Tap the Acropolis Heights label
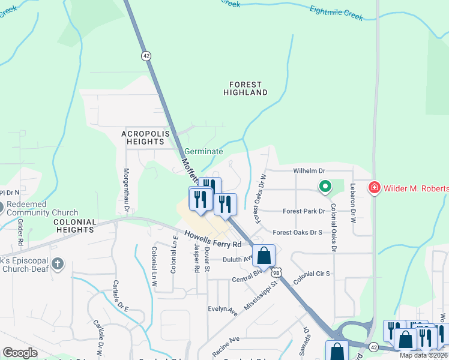pos(143,137)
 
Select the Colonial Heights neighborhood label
pos(74,226)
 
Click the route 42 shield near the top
pos(146,55)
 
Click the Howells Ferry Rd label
pos(212,239)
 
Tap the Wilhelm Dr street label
pos(309,171)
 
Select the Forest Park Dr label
pos(304,211)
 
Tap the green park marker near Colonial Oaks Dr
pos(325,187)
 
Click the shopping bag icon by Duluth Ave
pos(264,256)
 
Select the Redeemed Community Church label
pos(42,209)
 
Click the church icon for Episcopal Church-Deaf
pos(57,263)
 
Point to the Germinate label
pos(203,152)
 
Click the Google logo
pos(20,353)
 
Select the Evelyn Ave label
pos(223,310)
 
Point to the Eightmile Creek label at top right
pos(336,13)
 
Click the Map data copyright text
pos(424,355)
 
